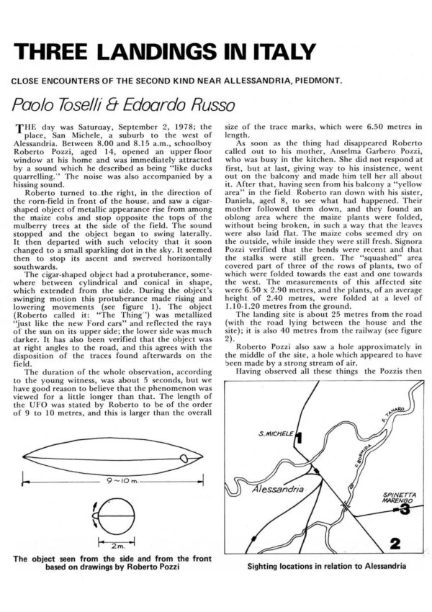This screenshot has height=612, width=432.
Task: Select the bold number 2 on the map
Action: click(x=394, y=542)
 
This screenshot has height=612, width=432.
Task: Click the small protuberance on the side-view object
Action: click(x=187, y=458)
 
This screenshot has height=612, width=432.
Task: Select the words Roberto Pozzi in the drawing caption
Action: click(x=150, y=566)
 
